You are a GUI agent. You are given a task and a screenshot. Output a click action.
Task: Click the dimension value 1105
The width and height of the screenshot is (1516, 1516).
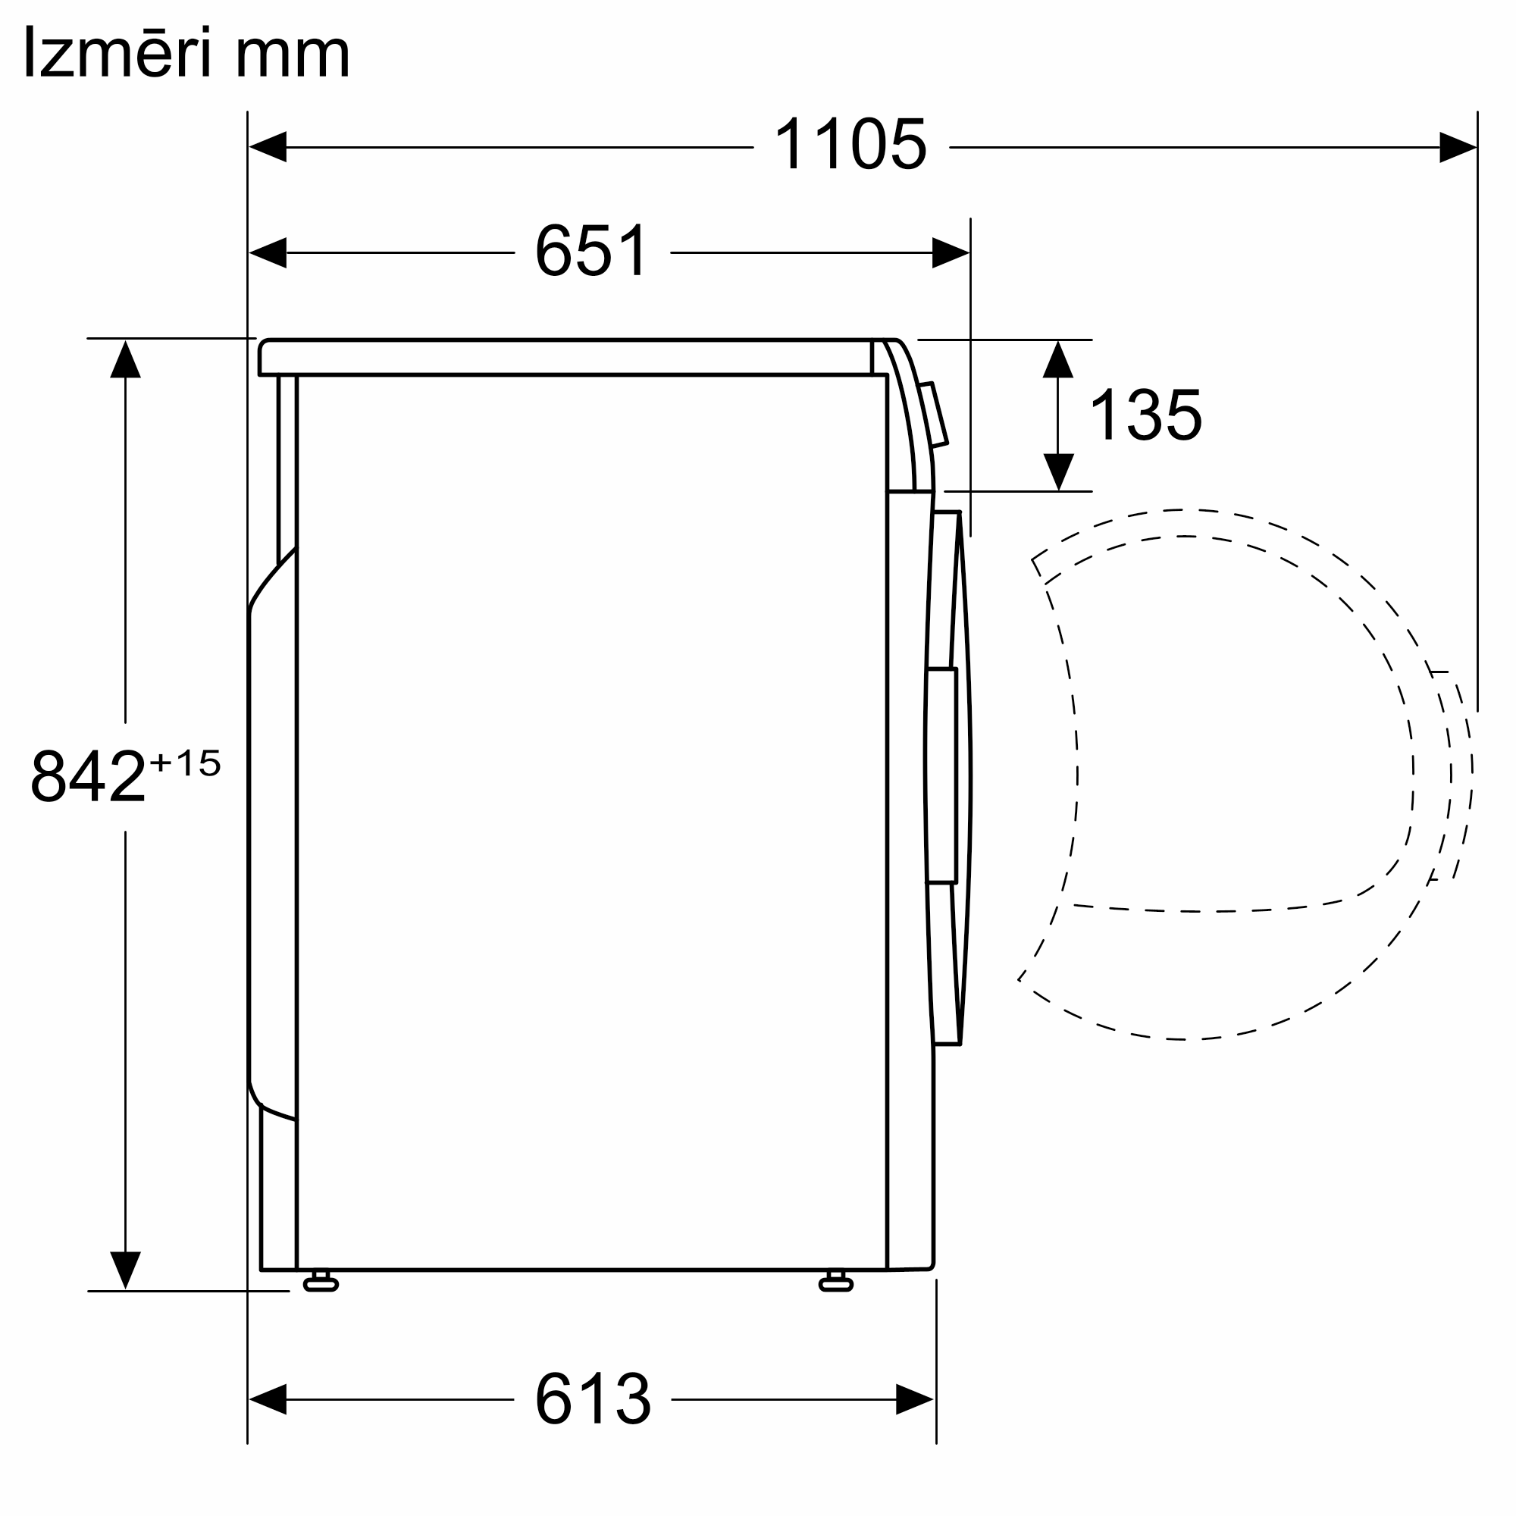[850, 143]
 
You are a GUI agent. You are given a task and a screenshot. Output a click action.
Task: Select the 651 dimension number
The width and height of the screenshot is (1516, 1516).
[592, 250]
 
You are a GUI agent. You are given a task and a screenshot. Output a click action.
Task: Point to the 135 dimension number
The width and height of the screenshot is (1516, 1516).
[1145, 415]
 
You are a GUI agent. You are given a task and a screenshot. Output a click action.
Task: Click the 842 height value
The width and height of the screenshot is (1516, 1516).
[88, 776]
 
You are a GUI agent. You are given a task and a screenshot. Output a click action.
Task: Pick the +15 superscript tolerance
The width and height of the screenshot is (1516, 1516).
[185, 762]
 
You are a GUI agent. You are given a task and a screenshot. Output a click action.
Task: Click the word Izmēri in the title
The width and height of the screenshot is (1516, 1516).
[118, 52]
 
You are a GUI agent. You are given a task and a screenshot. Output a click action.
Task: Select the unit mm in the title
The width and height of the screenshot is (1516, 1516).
[293, 59]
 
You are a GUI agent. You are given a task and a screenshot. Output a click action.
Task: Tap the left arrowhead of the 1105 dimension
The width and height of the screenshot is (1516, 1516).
[268, 147]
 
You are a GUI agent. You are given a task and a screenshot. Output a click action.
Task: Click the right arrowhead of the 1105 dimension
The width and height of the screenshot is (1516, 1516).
[1458, 147]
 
